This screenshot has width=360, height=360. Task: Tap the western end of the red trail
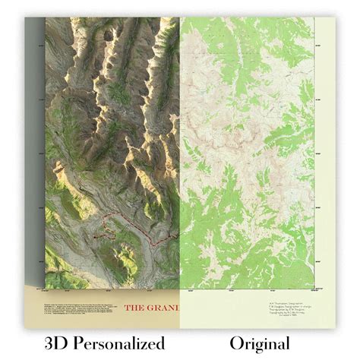pyautogui.click(x=93, y=235)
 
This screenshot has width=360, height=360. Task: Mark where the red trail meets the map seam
pyautogui.click(x=181, y=228)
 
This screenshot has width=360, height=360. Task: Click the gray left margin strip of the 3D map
pyautogui.click(x=35, y=152)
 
